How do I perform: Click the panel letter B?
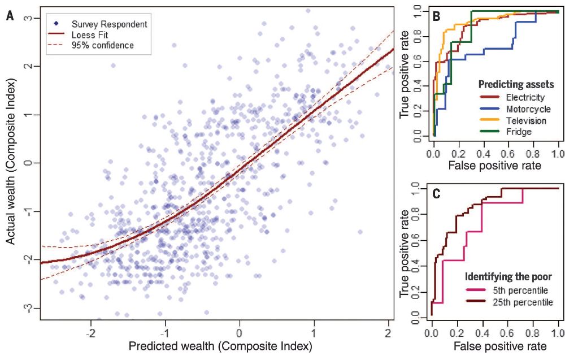click(x=437, y=17)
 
